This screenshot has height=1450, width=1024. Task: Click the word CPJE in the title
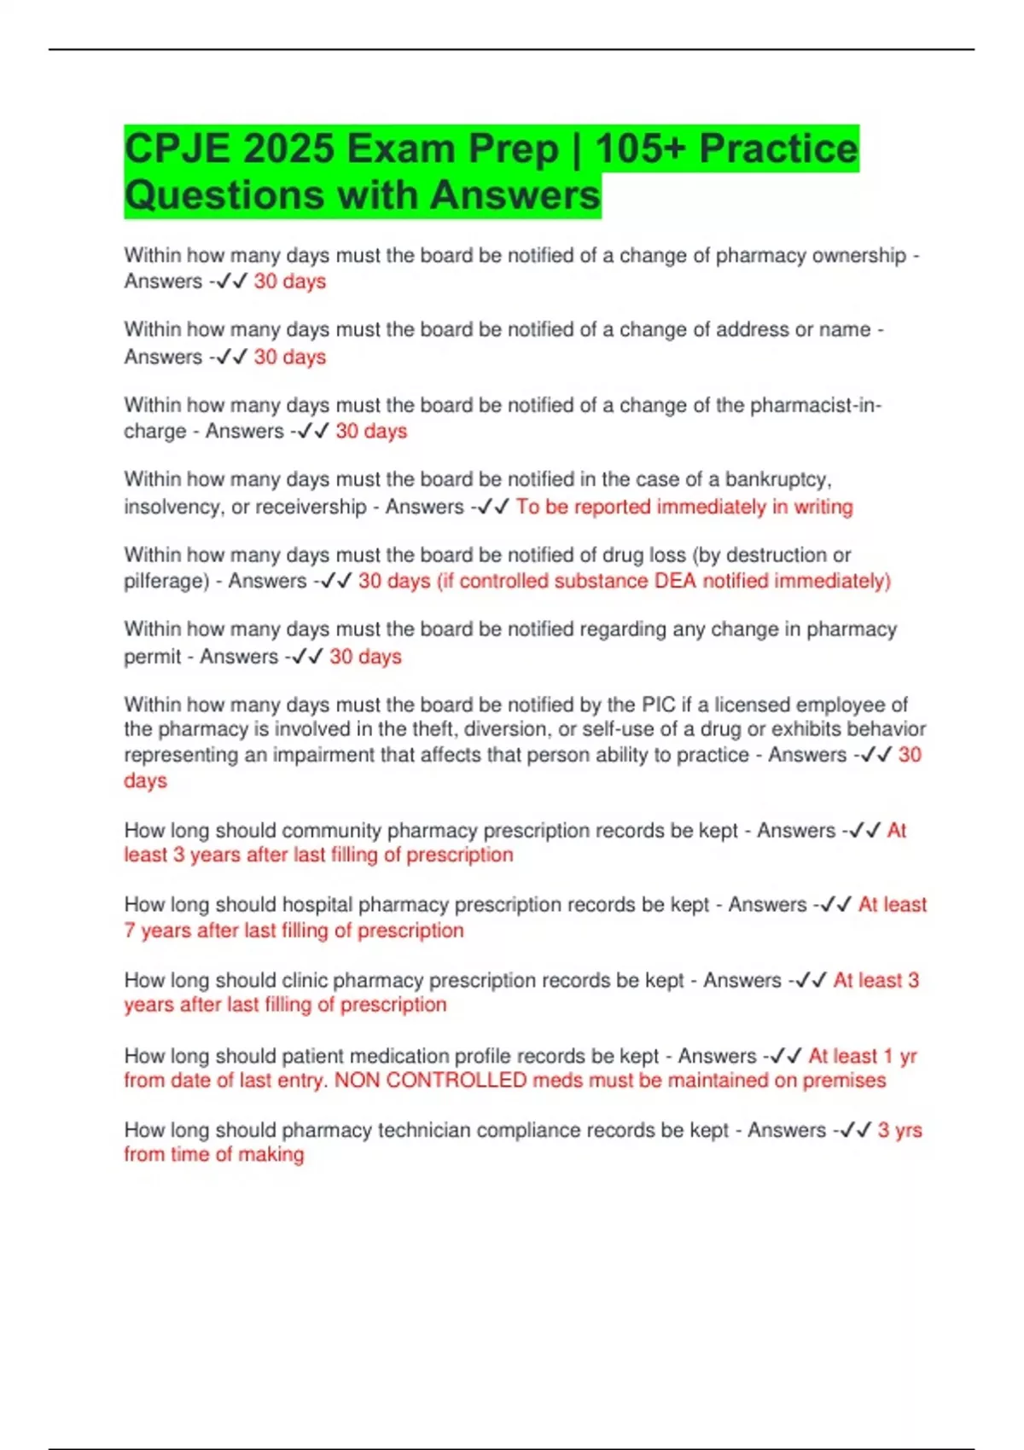[x=177, y=149]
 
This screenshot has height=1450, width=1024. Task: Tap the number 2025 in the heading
[x=288, y=149]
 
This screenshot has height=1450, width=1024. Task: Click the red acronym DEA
[x=675, y=582]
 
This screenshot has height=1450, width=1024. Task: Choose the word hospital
[x=317, y=905]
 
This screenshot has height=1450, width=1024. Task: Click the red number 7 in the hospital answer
[x=130, y=931]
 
